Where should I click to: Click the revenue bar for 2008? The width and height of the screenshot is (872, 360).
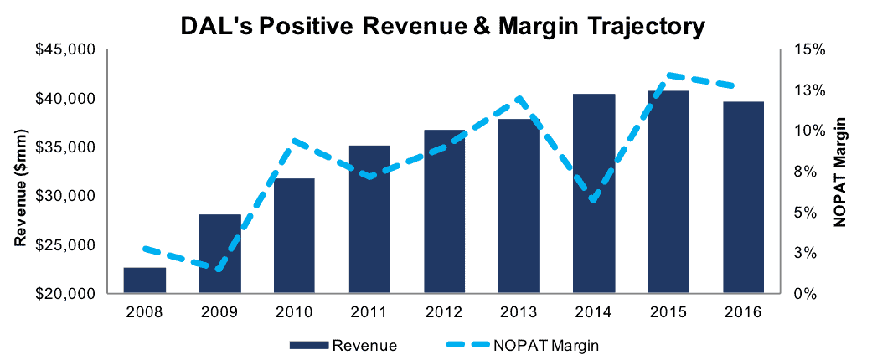click(x=145, y=280)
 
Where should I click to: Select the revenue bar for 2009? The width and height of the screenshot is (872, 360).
click(x=219, y=254)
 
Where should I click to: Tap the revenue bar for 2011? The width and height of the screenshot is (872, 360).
click(x=369, y=219)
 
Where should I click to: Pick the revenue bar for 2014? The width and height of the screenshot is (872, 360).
click(x=594, y=193)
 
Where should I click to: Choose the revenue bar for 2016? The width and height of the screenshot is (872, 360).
click(x=744, y=198)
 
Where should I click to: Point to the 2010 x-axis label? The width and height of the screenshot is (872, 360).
click(x=295, y=312)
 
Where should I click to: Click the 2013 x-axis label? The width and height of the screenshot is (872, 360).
click(x=519, y=312)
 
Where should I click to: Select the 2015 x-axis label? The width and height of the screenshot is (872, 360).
click(x=668, y=312)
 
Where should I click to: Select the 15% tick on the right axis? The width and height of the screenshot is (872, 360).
click(x=802, y=50)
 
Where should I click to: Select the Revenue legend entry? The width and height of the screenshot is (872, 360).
click(x=343, y=346)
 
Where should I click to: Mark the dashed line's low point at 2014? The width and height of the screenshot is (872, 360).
click(x=594, y=201)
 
